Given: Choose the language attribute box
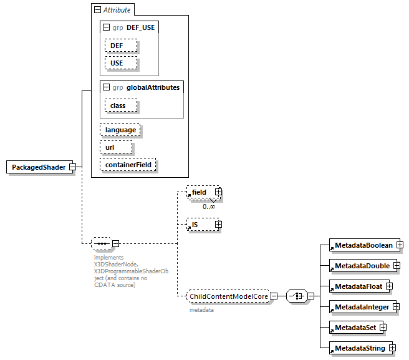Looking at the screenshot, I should [x=120, y=130].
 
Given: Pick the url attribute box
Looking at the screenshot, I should [x=115, y=147].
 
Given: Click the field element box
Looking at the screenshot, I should [x=200, y=193].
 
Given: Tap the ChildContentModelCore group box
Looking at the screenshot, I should [x=228, y=296].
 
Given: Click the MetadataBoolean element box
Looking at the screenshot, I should [x=363, y=245].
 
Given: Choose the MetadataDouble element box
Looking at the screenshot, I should [x=362, y=266].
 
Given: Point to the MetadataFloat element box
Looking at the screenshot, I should [x=358, y=286].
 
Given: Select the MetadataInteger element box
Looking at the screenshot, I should [x=362, y=307].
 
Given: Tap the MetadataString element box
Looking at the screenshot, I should [x=360, y=348].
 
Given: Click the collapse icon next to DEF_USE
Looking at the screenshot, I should [x=107, y=28].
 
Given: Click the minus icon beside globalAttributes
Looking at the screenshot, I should [x=107, y=87].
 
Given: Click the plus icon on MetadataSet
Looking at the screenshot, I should [x=383, y=327].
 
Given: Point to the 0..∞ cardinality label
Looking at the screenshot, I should [x=209, y=206].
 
